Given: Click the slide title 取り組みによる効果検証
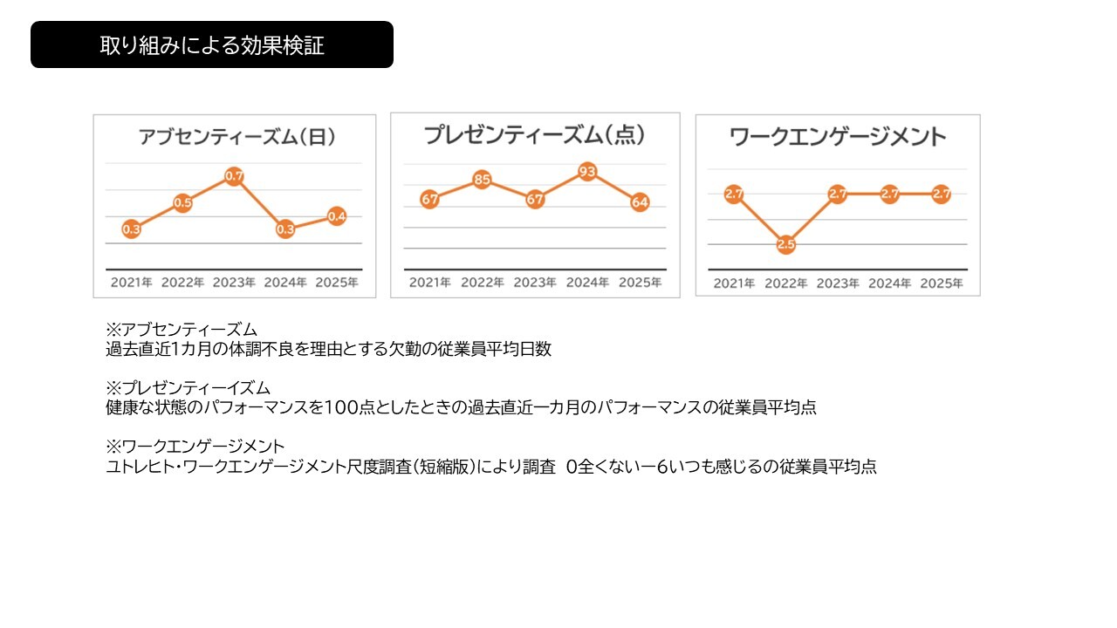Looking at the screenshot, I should click(212, 45).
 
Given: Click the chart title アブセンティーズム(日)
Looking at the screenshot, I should click(236, 137).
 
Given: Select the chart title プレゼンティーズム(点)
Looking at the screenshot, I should click(534, 135).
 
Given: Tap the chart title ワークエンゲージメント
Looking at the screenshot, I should click(837, 137).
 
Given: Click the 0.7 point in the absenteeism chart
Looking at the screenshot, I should click(234, 176).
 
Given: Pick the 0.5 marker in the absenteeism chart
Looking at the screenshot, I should click(182, 203).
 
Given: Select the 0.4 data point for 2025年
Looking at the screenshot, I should click(337, 216).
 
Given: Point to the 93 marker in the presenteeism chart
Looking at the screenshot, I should click(587, 172).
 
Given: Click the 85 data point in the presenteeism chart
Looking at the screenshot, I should click(483, 181).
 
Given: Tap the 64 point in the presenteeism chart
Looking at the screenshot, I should click(640, 202).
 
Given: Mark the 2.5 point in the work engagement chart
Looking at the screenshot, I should click(785, 244).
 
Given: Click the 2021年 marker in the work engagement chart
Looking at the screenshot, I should click(733, 195).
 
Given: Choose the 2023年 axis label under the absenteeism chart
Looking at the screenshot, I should click(234, 283).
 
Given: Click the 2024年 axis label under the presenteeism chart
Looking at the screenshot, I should click(587, 283).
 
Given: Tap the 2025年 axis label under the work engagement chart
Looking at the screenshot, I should click(942, 283).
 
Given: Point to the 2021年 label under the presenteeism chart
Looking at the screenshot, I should click(430, 283).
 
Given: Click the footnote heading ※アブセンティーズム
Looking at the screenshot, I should click(182, 331).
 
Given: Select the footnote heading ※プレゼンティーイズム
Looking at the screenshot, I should click(188, 388).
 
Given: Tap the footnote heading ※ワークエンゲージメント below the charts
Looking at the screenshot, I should click(195, 447).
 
